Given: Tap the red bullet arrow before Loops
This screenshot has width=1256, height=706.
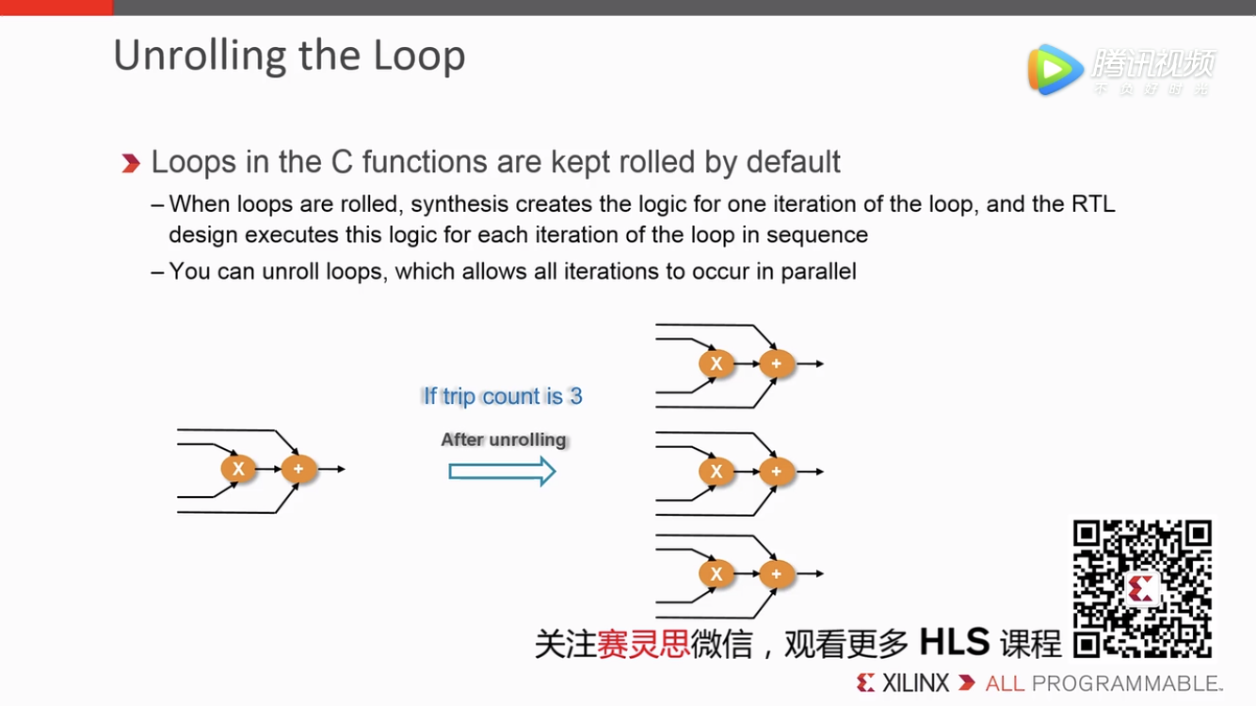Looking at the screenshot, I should pos(131,164).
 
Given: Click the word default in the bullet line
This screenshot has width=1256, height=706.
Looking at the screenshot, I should pos(793,162).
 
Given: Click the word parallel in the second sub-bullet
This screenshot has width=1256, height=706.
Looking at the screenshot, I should pos(818,272).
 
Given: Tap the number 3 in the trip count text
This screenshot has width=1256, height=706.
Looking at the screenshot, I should pos(575,396).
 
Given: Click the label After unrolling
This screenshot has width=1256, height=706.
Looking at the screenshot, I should pos(504,440).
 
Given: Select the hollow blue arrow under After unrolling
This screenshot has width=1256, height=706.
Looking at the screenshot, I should pos(502,470).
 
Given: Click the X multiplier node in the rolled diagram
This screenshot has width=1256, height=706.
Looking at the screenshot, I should pos(238,469).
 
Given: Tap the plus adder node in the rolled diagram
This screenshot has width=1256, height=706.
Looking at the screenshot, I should pos(298,469).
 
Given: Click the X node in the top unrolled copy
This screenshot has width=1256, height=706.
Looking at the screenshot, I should pos(717,363).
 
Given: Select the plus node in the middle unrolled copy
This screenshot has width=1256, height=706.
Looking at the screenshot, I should pos(777,472).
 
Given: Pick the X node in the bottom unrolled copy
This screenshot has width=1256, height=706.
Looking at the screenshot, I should pos(717,573).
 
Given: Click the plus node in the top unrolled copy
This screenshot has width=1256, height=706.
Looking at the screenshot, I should pos(777,363).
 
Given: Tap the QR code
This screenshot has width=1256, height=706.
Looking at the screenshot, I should pos(1142,588).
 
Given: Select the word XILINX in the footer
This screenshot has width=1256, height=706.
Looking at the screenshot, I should pos(915,683).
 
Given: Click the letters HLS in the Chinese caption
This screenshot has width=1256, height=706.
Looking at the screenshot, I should pos(954,643).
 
